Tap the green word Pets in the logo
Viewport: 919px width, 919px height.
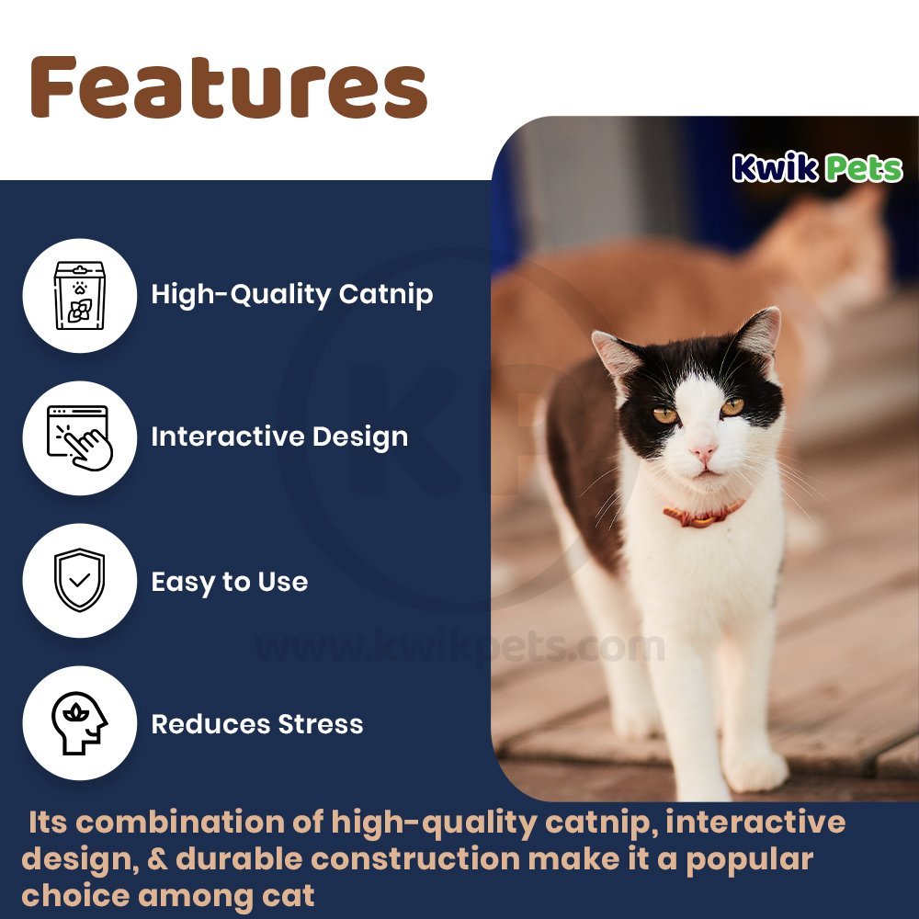coord(864,169)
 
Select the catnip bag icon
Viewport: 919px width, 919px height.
coord(80,295)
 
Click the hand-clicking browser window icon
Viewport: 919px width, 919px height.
coord(80,437)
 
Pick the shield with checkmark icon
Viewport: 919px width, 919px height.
coord(80,580)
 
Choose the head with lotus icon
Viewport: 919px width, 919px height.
coord(80,722)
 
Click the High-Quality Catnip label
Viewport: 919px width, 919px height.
coord(292,295)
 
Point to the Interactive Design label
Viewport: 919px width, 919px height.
coord(279,437)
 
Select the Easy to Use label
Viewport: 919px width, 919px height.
coord(230,582)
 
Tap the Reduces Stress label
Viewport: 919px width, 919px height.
coord(257,724)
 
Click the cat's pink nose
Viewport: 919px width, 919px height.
coord(703,452)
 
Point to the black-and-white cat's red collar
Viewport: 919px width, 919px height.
coord(703,515)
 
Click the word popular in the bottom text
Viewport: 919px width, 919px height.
coord(750,860)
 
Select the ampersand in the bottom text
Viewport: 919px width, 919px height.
coord(157,858)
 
